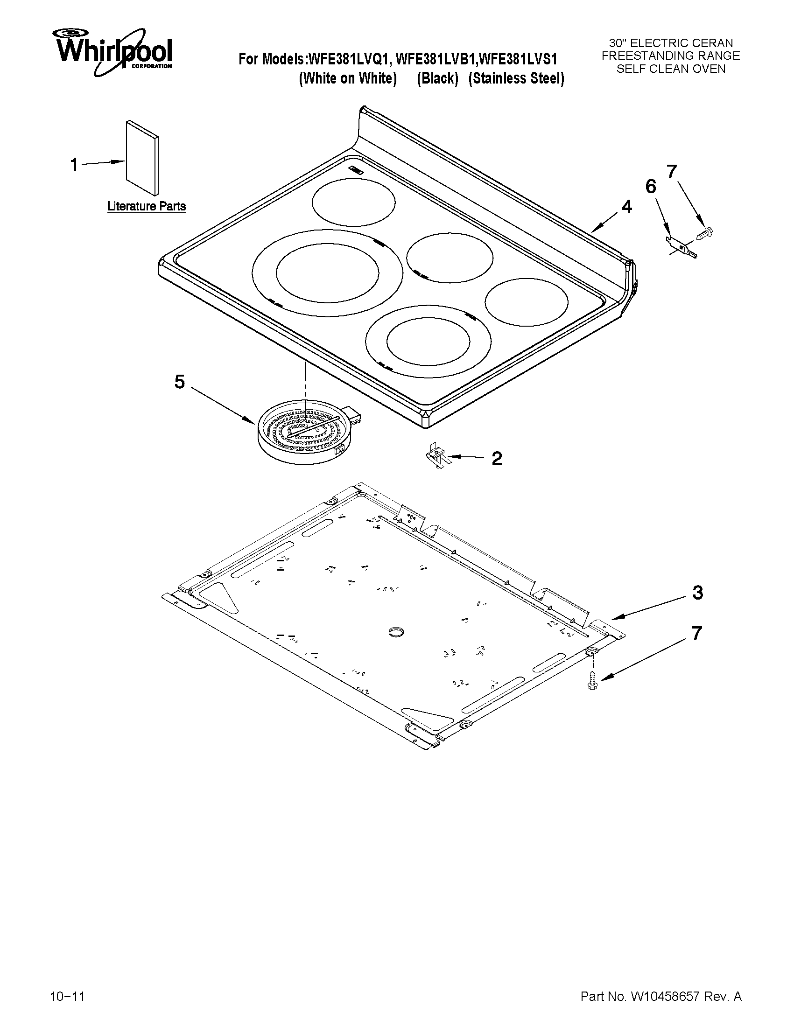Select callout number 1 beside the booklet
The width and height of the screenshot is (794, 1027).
(x=74, y=165)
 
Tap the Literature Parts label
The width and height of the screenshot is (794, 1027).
(x=146, y=206)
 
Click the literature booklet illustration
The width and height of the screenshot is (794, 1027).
(x=142, y=158)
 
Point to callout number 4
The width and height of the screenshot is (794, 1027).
(x=626, y=206)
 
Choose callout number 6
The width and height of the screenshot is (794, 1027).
(x=651, y=187)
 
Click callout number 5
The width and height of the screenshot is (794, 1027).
(x=179, y=382)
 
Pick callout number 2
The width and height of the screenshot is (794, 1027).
(x=497, y=458)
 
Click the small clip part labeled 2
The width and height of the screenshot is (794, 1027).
(x=437, y=457)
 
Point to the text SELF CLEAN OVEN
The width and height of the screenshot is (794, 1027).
(x=671, y=69)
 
